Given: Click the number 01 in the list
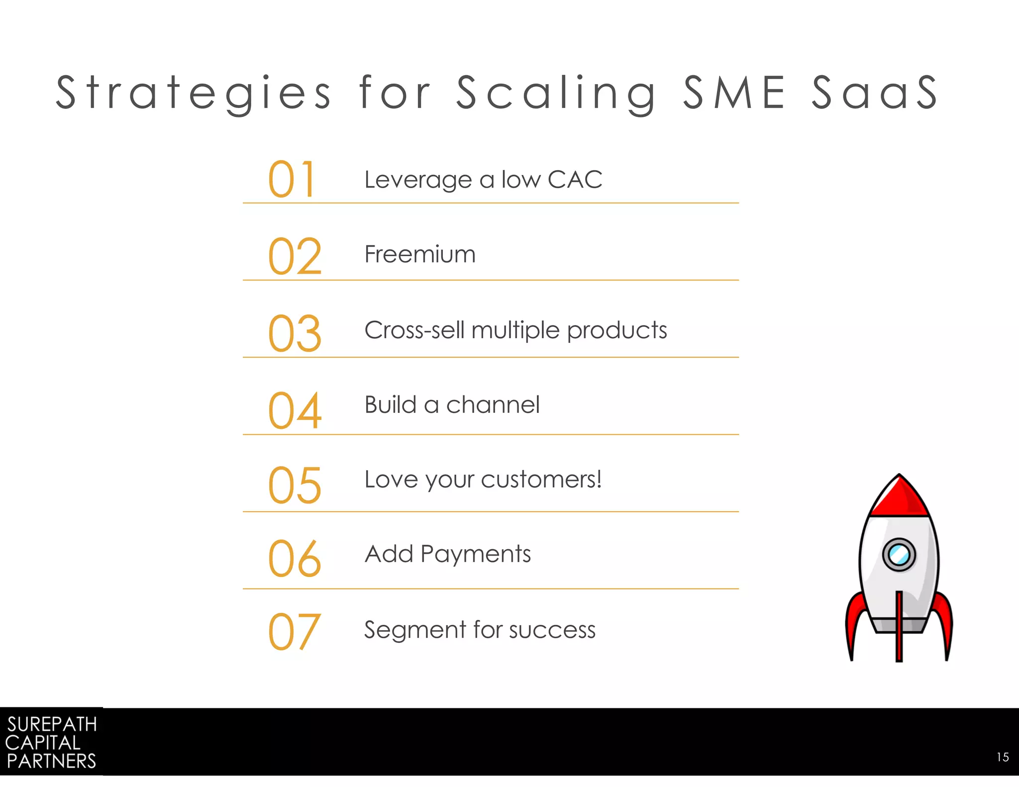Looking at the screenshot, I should coord(292,179).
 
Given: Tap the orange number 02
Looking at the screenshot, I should coord(295,256).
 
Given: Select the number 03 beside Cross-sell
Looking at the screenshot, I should coord(295,333).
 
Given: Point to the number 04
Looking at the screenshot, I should coord(295,410).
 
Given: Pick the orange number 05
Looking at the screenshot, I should coord(295,485).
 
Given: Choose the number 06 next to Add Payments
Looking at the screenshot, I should coord(295,559).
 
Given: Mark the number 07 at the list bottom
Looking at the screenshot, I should coord(294,632).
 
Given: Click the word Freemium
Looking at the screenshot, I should coord(420,254).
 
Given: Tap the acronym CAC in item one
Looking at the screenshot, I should coord(575,180).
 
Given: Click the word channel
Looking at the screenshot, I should coord(493,405).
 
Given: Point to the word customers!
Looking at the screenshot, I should coord(541,480).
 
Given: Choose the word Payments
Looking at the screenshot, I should coord(475,555).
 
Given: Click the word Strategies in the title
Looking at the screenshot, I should coord(193,93).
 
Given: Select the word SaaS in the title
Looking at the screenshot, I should coord(875,93).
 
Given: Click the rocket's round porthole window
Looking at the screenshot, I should coord(899,554).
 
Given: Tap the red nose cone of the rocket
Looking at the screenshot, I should coord(899,497).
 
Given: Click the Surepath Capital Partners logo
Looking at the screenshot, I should coord(51,742).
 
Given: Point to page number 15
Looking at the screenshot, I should coord(1003,757).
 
